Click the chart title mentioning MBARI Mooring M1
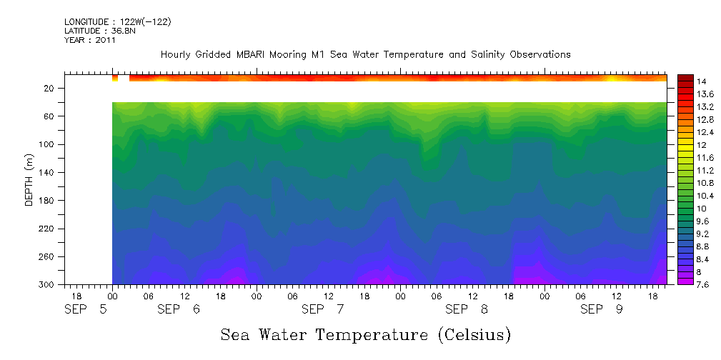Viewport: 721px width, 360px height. (365, 54)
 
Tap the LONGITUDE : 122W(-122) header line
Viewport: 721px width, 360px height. (118, 22)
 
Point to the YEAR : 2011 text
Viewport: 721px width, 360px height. (90, 41)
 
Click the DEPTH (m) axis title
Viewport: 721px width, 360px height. (29, 179)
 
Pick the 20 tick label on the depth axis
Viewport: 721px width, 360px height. (51, 89)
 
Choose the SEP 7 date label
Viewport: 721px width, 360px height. (323, 309)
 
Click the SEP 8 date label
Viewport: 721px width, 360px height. (467, 309)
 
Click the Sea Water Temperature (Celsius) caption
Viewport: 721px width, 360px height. (366, 334)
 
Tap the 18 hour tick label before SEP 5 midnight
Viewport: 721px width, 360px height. (76, 295)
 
